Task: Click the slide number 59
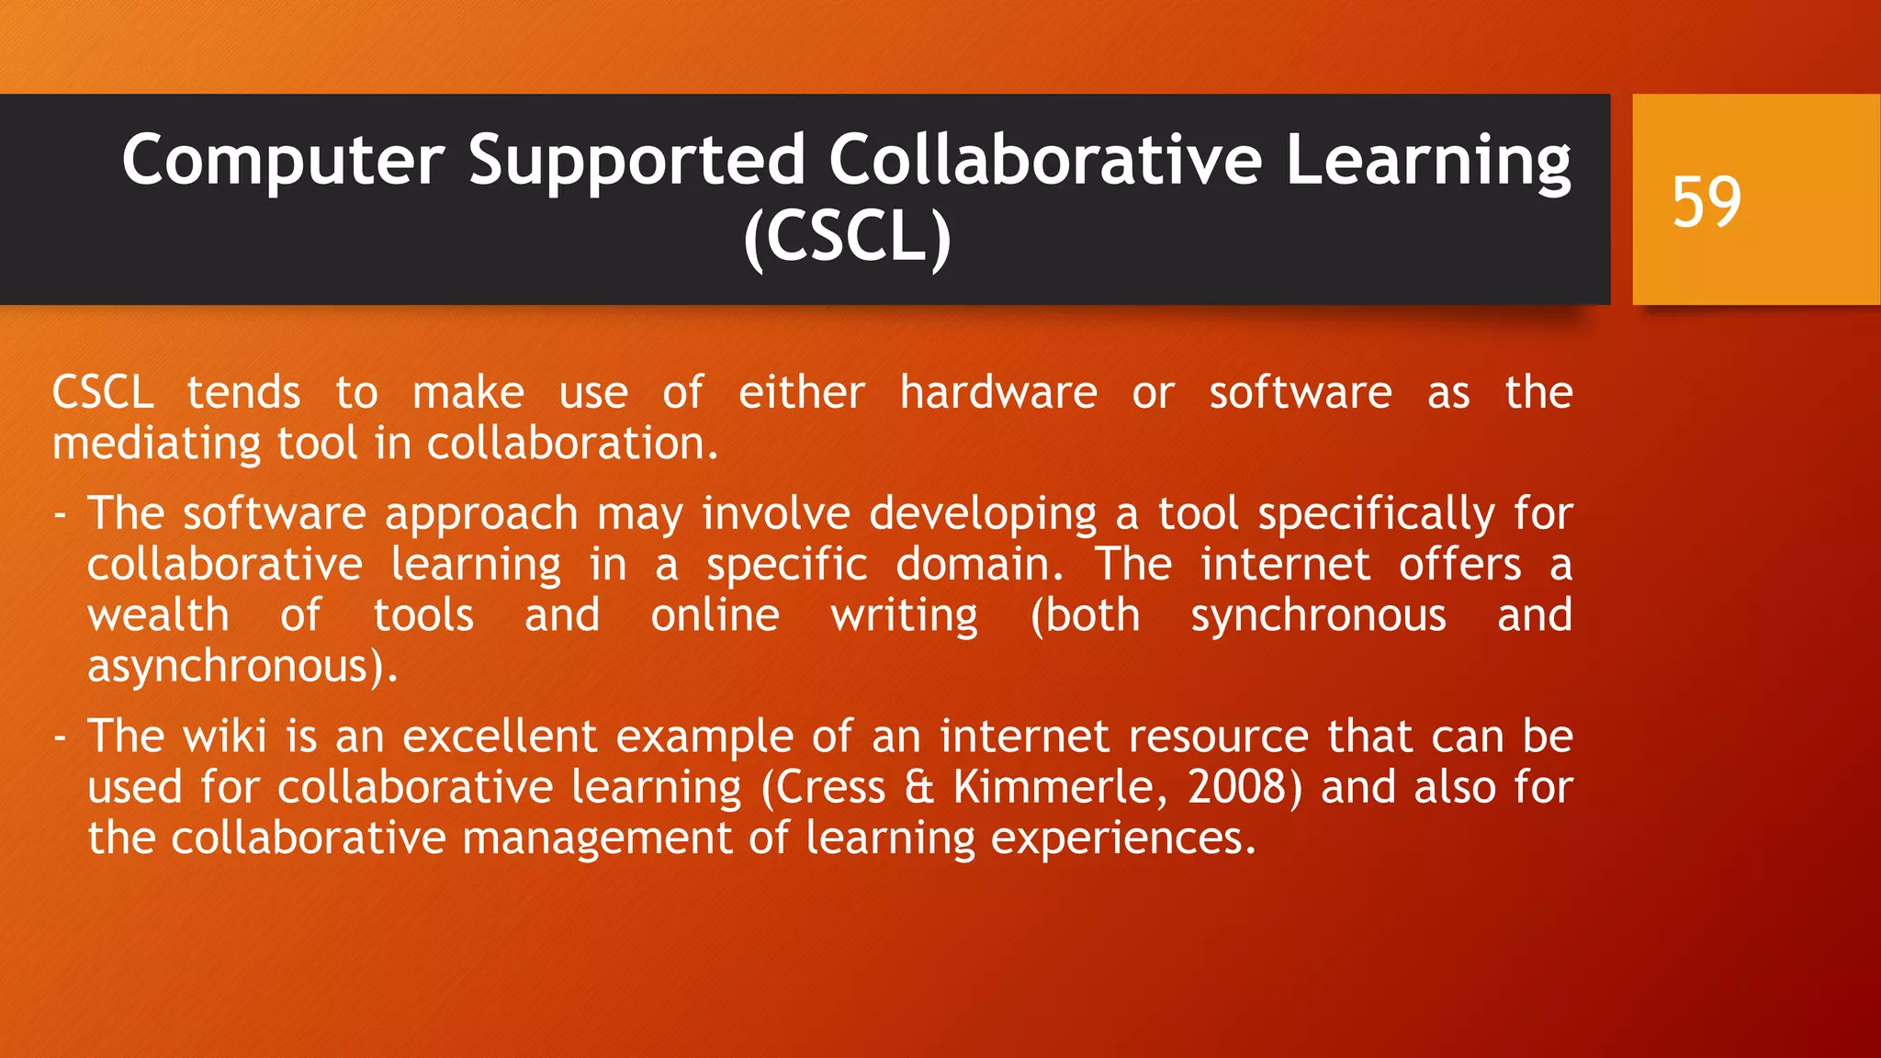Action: (1706, 202)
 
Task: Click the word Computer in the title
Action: (283, 161)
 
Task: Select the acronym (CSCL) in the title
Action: (847, 237)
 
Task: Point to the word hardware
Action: (997, 393)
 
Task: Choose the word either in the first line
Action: (801, 393)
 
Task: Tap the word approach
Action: (481, 515)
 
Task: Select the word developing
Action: (983, 515)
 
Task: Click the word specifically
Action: (1376, 515)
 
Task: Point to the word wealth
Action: (158, 615)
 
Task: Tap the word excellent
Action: (500, 737)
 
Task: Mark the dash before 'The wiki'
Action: (61, 737)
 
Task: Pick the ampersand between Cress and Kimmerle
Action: (918, 788)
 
